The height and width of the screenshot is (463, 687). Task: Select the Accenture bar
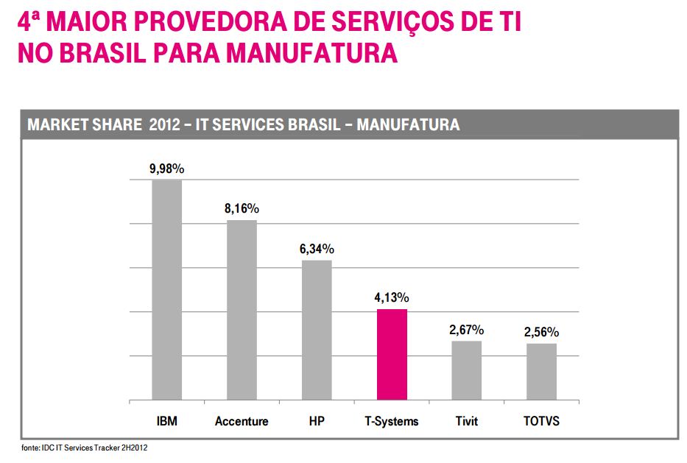pos(242,310)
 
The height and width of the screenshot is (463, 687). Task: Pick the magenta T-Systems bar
pos(392,354)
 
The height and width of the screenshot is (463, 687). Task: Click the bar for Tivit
pos(467,370)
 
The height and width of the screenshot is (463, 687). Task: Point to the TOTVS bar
pos(541,372)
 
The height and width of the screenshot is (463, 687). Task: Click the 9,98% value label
pos(167,169)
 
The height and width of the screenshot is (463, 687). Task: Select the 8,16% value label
pos(242,209)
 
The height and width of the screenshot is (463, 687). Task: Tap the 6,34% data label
pos(317,249)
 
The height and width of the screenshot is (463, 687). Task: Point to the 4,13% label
pos(392,298)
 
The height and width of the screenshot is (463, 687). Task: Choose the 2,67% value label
pos(467,330)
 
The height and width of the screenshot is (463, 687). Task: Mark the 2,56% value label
pos(541,332)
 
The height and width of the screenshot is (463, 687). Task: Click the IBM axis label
pos(167,422)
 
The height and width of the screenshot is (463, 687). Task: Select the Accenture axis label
pos(242,422)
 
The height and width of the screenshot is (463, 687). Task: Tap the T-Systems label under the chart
pos(392,422)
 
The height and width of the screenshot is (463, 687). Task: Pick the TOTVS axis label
pos(541,422)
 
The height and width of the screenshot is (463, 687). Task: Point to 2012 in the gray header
pos(163,125)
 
